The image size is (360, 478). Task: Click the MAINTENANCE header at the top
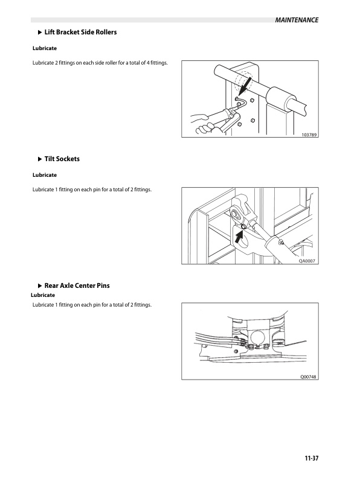tap(297, 20)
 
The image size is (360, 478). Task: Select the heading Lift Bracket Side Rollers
tap(80, 32)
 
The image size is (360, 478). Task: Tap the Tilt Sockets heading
tap(62, 159)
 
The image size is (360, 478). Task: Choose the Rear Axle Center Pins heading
tap(77, 285)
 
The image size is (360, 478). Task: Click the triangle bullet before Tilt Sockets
tap(40, 159)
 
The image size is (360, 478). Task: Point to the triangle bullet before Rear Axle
tap(40, 286)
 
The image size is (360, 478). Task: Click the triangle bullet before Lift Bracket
tap(40, 33)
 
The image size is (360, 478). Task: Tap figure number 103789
tap(309, 135)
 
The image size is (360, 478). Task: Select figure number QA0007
tap(307, 261)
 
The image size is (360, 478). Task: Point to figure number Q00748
tap(309, 377)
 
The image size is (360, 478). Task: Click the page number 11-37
tap(312, 458)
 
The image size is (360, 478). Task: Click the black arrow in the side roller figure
tap(246, 86)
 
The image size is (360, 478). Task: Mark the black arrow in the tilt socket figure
tap(239, 237)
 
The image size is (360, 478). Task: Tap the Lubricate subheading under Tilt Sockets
tap(45, 175)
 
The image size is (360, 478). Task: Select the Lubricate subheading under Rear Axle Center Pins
tap(43, 295)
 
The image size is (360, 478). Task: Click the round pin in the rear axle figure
tap(257, 338)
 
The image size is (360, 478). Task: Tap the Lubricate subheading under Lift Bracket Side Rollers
tap(45, 48)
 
